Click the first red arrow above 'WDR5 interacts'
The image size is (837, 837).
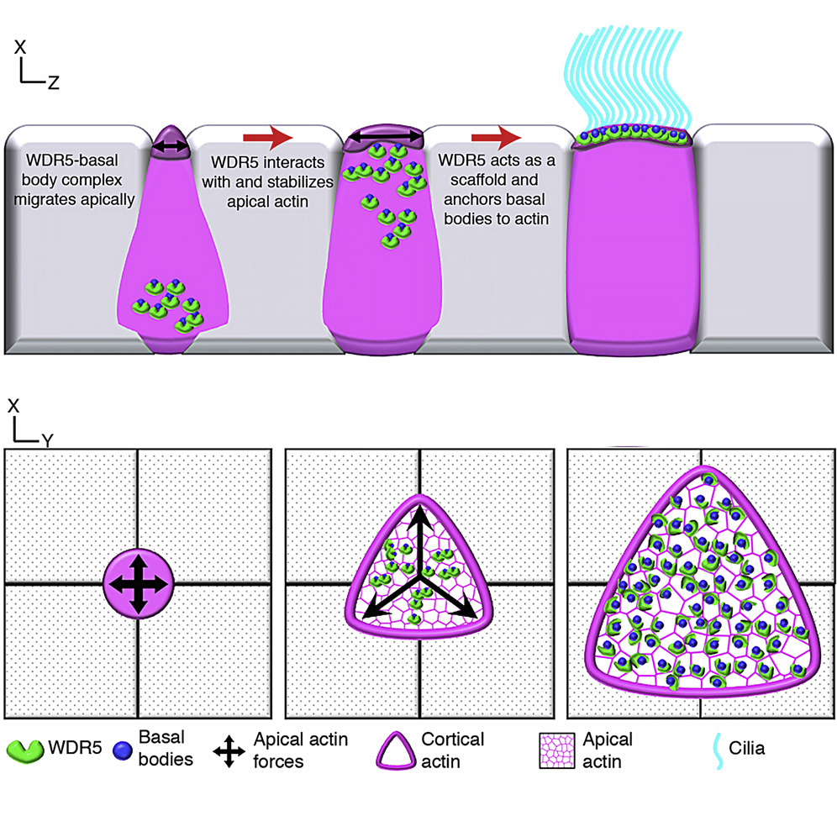tap(266, 136)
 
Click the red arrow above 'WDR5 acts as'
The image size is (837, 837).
tap(496, 136)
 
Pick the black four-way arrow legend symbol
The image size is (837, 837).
tap(229, 750)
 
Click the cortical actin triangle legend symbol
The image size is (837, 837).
tap(394, 750)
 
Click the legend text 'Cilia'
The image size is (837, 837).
tap(747, 747)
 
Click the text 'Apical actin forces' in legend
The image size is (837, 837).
tap(300, 750)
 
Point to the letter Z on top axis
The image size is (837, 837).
tap(53, 82)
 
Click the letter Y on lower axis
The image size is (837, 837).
tap(48, 440)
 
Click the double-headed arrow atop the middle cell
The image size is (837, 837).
tap(386, 135)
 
